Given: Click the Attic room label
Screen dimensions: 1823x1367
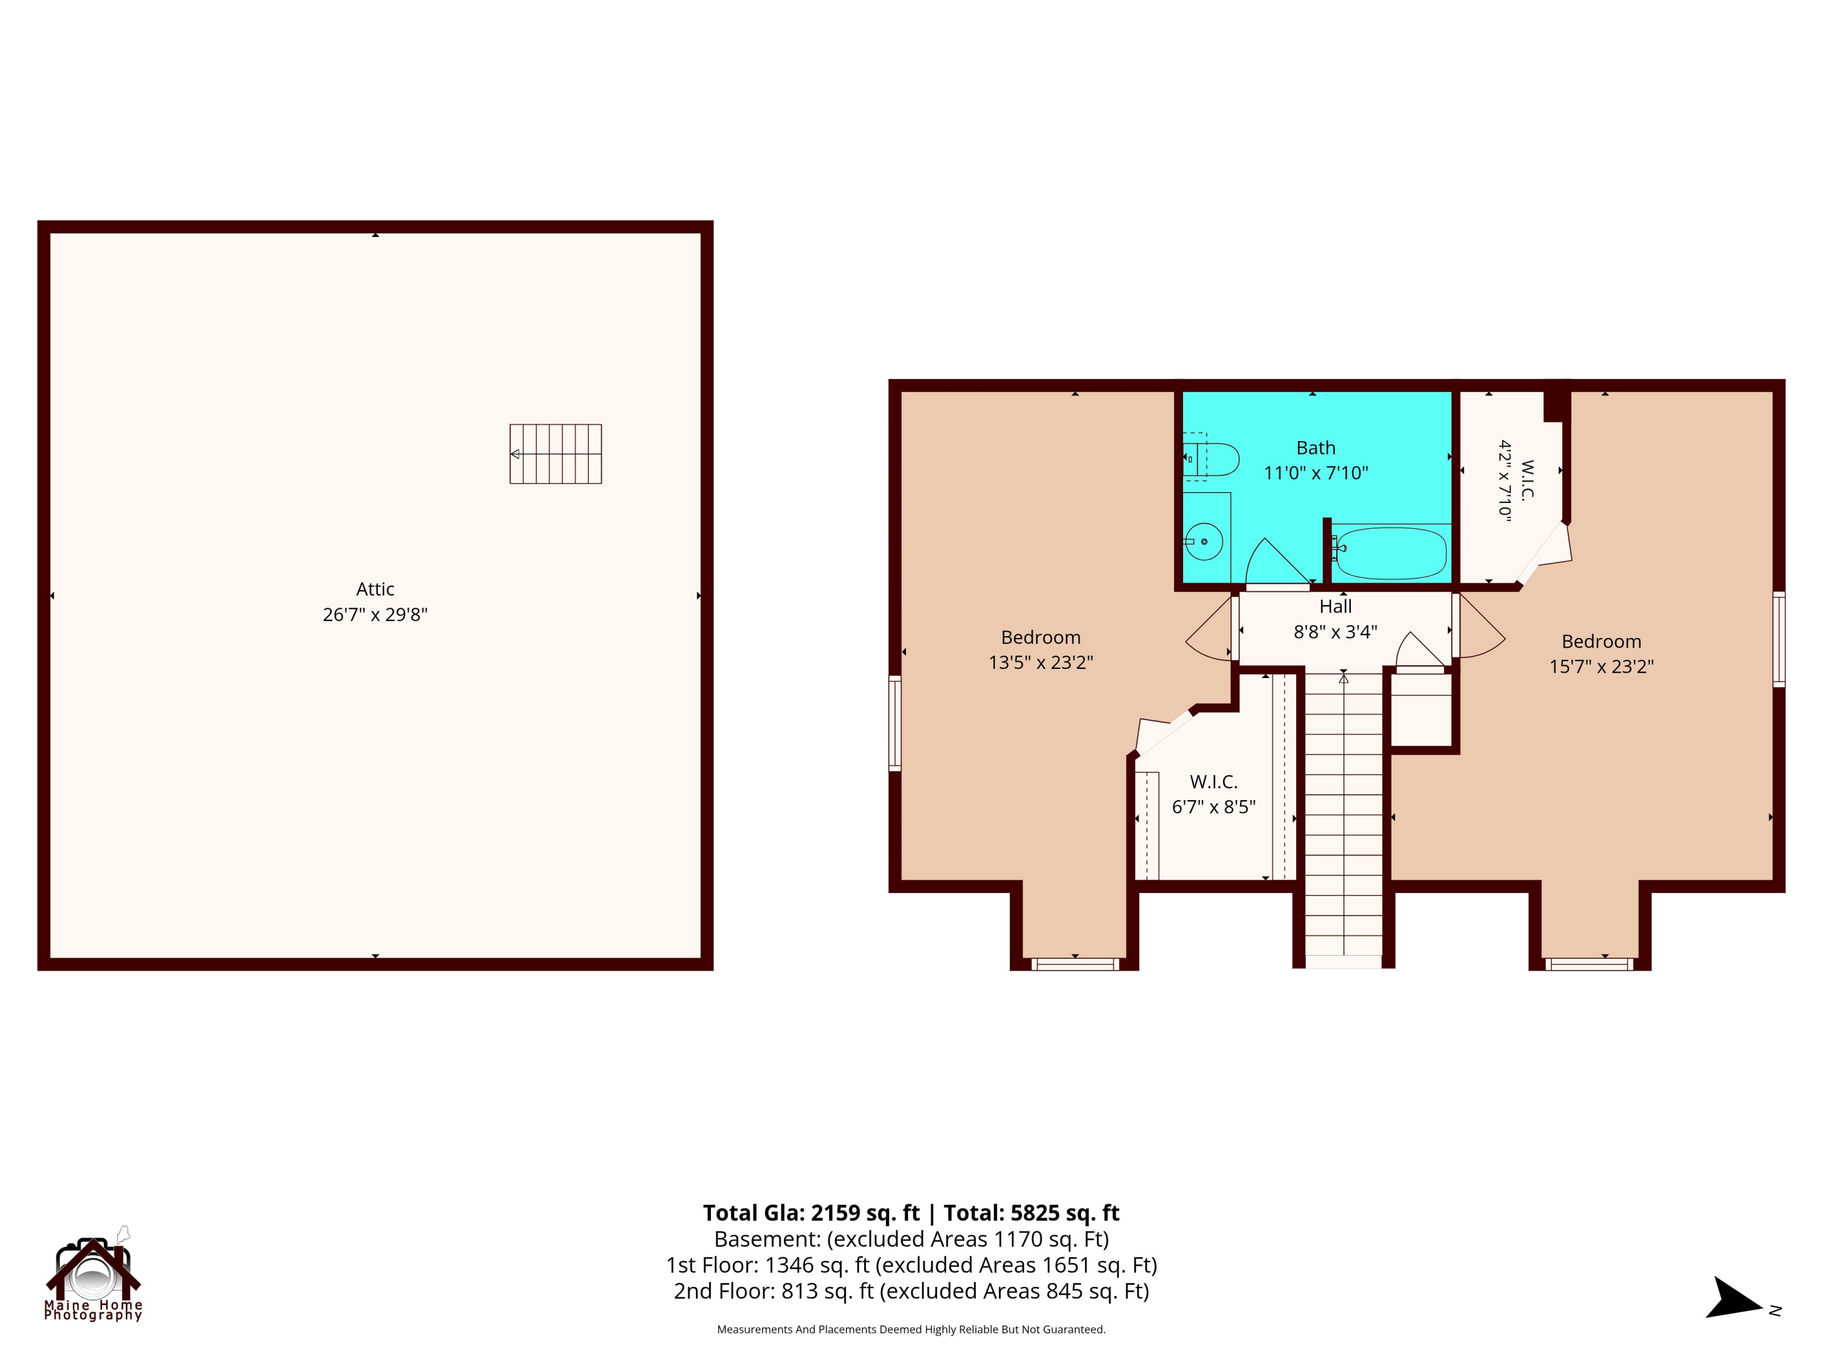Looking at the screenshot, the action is tap(375, 589).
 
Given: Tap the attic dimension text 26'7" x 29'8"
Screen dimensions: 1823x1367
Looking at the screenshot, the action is tap(375, 615).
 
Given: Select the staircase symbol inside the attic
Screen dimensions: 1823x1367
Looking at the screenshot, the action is tap(555, 454).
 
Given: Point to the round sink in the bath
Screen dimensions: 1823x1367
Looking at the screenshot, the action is tap(1204, 542).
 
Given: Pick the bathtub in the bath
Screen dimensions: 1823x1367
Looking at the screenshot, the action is tap(1390, 553).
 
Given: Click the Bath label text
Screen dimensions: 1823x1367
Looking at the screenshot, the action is tap(1316, 448).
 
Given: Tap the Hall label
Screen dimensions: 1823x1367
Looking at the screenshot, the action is tap(1335, 606).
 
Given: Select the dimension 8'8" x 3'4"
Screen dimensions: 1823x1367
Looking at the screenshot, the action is tap(1335, 632).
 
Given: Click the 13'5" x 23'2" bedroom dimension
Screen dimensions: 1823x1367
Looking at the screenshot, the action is tap(1041, 662).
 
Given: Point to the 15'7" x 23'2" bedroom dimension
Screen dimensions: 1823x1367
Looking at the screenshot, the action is tap(1601, 666).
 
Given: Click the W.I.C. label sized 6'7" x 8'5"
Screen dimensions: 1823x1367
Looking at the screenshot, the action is tap(1214, 782).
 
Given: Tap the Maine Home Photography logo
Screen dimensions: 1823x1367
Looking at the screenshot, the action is tap(93, 1274).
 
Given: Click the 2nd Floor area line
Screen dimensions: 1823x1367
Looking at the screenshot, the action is tap(911, 1291).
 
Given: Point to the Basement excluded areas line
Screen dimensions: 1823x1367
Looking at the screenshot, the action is tap(911, 1239).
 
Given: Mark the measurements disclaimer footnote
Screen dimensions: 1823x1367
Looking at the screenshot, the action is tap(911, 1329).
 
